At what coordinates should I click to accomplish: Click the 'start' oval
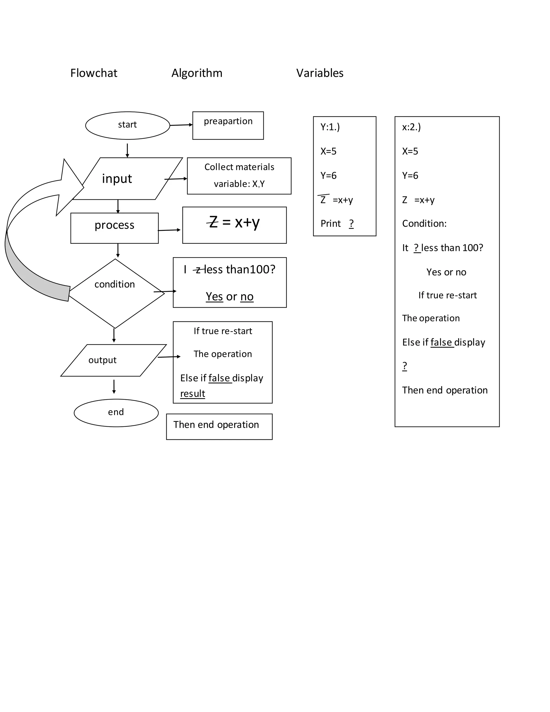pyautogui.click(x=127, y=125)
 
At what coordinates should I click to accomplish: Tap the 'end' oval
pyautogui.click(x=116, y=412)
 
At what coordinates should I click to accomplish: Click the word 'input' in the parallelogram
pyautogui.click(x=117, y=179)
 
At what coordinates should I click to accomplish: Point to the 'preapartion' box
pyautogui.click(x=228, y=125)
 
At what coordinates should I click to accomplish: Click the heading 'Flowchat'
pyautogui.click(x=93, y=73)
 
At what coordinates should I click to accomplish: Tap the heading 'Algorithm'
pyautogui.click(x=197, y=73)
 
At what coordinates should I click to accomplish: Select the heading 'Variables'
pyautogui.click(x=320, y=73)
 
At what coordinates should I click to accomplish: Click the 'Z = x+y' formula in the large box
pyautogui.click(x=234, y=223)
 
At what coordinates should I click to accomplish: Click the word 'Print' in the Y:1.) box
pyautogui.click(x=330, y=224)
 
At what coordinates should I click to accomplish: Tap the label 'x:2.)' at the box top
pyautogui.click(x=411, y=127)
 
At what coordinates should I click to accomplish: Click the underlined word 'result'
pyautogui.click(x=193, y=394)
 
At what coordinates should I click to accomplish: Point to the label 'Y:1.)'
pyautogui.click(x=330, y=127)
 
